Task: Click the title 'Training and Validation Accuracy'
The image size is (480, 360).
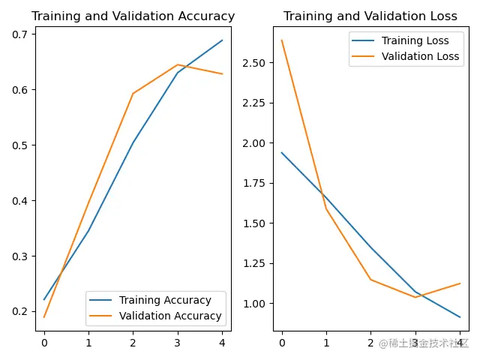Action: click(x=133, y=16)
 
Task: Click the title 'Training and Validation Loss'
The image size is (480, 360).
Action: click(x=370, y=16)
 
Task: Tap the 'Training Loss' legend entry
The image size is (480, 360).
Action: click(x=415, y=40)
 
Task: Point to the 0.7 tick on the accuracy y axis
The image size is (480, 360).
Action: click(x=20, y=34)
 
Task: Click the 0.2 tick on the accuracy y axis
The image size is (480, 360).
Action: click(x=20, y=312)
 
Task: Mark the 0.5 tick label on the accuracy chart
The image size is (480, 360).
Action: click(x=20, y=145)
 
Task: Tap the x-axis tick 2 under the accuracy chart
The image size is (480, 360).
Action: click(x=133, y=342)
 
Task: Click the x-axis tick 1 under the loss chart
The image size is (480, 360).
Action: click(x=326, y=342)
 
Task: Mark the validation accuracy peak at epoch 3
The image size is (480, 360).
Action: click(x=178, y=64)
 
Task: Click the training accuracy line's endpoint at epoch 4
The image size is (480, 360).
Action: click(x=223, y=40)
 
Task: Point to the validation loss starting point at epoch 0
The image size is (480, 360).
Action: click(x=282, y=40)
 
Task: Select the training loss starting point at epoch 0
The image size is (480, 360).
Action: click(x=282, y=153)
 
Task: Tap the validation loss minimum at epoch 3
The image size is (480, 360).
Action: click(x=415, y=297)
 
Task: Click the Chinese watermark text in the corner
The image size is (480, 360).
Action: click(x=423, y=343)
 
